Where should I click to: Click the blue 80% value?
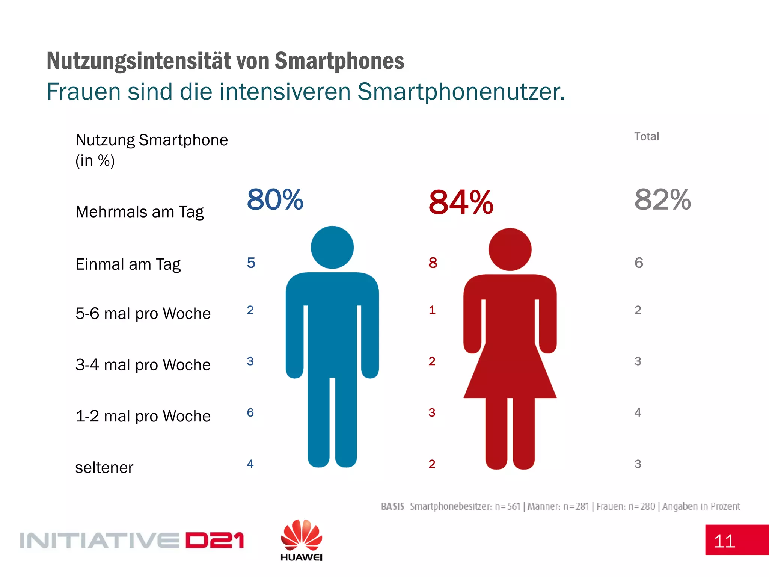[x=275, y=199]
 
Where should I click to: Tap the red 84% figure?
[x=461, y=202]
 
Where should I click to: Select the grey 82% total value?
[x=663, y=199]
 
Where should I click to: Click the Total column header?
[x=646, y=136]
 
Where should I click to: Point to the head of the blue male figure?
[x=332, y=248]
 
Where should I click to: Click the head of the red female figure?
[x=510, y=249]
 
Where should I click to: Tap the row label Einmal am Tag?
[x=128, y=264]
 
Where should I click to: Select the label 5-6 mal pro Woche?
[x=143, y=313]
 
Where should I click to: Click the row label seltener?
[x=104, y=468]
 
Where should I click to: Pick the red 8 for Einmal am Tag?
[x=433, y=263]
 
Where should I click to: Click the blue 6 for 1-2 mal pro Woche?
[x=250, y=412]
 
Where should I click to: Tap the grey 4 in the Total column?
[x=638, y=412]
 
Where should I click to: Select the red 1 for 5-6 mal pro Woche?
[x=432, y=310]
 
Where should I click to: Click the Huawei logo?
[x=301, y=540]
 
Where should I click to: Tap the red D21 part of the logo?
[x=214, y=541]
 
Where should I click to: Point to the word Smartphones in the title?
[x=339, y=61]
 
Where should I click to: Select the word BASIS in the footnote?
[x=392, y=506]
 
